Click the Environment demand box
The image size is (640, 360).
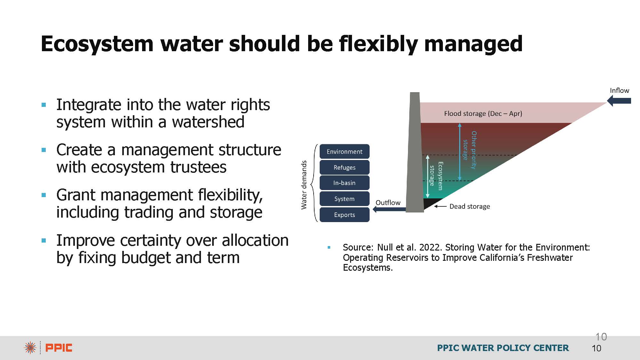tap(344, 151)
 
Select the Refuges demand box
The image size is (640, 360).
tap(344, 167)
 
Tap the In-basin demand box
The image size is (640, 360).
tap(344, 183)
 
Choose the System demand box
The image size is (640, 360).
tap(344, 199)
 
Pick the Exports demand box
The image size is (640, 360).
tap(344, 215)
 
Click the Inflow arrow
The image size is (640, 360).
tap(619, 101)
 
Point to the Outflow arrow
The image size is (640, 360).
tap(389, 209)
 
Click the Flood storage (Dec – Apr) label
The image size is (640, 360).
tap(483, 113)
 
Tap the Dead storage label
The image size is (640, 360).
tap(469, 206)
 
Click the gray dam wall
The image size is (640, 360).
tap(415, 152)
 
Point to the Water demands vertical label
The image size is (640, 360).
tap(304, 185)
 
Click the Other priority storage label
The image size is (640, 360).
tap(470, 150)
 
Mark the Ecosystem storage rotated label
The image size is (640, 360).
tap(436, 176)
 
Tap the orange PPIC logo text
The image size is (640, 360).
tap(59, 348)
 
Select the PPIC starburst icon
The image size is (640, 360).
tap(30, 348)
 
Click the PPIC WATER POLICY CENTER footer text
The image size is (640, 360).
tap(503, 348)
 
